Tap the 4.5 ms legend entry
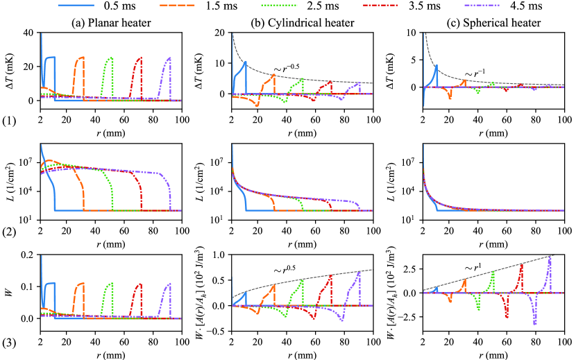point(502,6)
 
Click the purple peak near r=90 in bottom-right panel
point(550,257)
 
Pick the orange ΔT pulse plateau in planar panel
point(81,58)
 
